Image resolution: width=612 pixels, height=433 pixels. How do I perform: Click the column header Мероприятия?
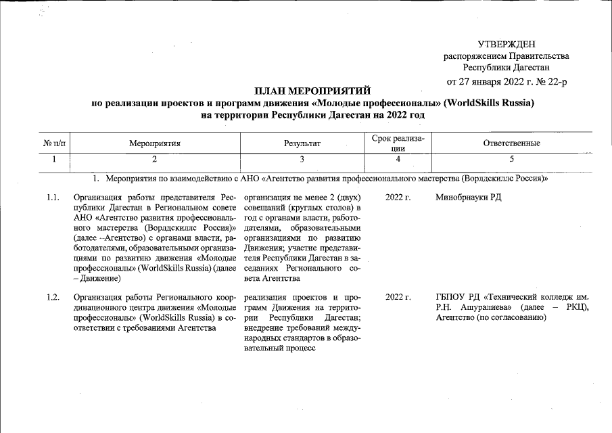155,143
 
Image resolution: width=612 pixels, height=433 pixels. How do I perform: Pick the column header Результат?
302,143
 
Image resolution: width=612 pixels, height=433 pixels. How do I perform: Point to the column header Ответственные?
511,143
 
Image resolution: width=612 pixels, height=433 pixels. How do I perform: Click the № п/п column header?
54,143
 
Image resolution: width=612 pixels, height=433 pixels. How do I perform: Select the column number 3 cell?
302,159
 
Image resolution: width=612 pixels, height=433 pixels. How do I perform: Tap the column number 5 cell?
511,159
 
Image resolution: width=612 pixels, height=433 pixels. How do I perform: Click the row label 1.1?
53,198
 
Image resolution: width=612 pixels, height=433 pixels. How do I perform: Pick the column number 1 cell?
54,159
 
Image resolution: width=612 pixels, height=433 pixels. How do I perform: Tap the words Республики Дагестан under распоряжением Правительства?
506,67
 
